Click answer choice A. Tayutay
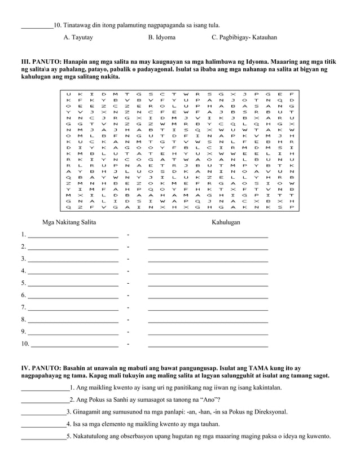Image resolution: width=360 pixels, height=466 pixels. pos(78,37)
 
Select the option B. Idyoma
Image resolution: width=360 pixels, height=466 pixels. pos(161,37)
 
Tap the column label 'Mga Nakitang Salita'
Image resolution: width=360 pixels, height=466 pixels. pos(69,222)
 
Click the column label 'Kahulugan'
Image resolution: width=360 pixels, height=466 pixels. pos(226,222)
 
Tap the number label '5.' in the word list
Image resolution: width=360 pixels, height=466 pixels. pos(23,283)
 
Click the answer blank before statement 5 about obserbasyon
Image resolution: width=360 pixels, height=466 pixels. pos(43,437)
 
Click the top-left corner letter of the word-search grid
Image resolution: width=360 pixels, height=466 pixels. pos(68,94)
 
